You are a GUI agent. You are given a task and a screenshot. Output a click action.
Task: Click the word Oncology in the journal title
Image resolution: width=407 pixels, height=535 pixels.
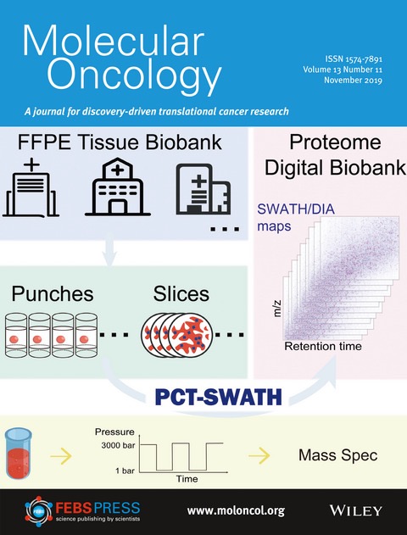coord(134,75)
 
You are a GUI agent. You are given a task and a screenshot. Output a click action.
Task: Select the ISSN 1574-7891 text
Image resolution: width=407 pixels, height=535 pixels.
coord(354,59)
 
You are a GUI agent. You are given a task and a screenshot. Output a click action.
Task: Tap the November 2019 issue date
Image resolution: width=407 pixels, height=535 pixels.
coord(353,81)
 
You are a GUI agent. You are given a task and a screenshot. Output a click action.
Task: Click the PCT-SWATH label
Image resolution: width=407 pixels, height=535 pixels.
coord(219,398)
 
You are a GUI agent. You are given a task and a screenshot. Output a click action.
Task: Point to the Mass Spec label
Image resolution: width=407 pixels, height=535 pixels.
coord(337,455)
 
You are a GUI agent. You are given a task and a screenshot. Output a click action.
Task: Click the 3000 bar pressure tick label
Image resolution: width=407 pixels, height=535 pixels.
coord(118,445)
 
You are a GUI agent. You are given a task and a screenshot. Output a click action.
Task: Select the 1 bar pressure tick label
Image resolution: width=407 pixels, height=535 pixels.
coord(125,471)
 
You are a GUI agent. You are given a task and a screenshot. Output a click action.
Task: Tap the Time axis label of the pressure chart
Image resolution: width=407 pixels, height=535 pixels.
coord(187,479)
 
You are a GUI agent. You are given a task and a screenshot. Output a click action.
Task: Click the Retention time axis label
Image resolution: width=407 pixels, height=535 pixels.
coord(323,346)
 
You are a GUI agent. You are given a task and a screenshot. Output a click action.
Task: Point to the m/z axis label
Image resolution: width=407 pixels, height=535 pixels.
coord(278,309)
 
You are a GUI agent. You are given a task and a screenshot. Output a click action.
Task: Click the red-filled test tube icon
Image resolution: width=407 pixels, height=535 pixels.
coord(19,454)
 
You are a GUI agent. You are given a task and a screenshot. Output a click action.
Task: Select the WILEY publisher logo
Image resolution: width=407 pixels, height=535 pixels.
coord(355,510)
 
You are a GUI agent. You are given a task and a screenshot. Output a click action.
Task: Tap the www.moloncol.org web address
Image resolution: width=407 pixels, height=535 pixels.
coord(236,510)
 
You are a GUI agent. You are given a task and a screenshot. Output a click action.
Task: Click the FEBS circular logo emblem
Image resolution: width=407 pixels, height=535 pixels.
coord(38,511)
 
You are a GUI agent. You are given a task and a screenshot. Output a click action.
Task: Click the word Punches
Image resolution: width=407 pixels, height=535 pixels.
coord(53,294)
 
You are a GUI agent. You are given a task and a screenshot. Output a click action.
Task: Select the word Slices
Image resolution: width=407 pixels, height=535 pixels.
coord(181,294)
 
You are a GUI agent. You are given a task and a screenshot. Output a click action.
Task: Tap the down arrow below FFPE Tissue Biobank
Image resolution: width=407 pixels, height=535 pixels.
coord(109,252)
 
